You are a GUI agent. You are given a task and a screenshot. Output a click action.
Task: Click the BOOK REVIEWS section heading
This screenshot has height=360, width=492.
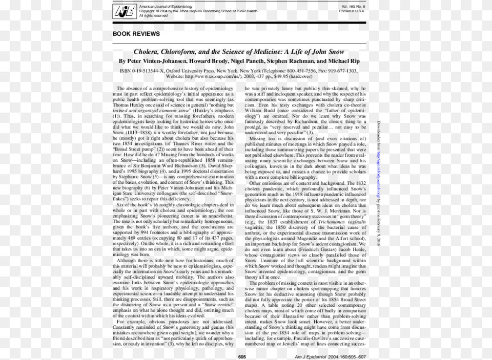(x=136, y=34)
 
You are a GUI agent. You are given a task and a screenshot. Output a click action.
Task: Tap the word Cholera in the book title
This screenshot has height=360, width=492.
(x=146, y=52)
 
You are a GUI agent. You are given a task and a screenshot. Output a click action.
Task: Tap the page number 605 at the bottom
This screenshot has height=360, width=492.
(x=242, y=356)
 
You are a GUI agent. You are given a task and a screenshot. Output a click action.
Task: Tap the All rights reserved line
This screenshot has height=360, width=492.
(x=153, y=15)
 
